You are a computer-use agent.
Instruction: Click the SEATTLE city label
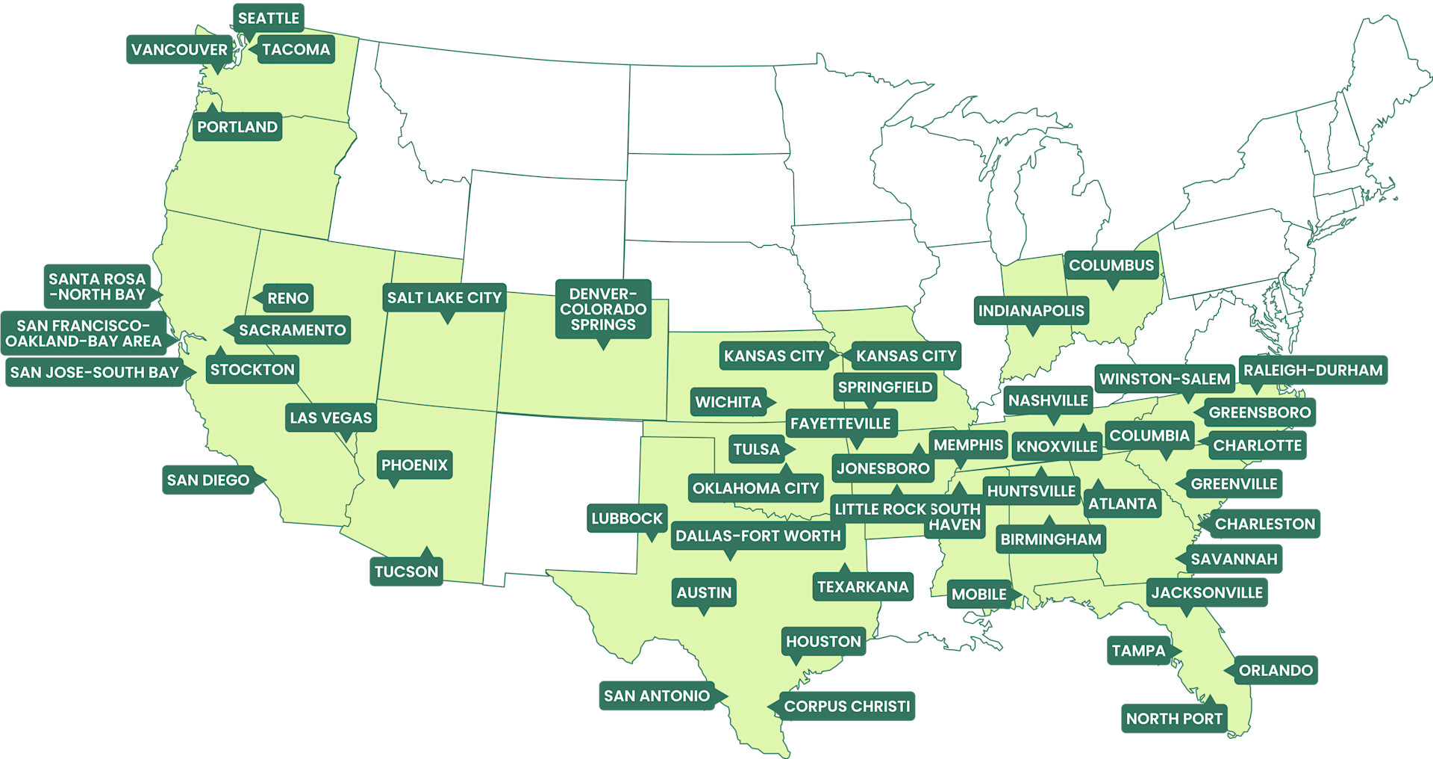[x=268, y=18]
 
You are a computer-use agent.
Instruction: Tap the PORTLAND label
[x=237, y=127]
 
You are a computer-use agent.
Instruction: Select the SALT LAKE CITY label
[x=444, y=297]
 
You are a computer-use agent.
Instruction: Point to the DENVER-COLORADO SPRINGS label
[x=603, y=309]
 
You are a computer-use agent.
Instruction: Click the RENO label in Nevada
[x=287, y=298]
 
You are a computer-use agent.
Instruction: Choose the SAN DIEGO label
[x=207, y=480]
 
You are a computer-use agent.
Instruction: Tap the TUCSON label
[x=406, y=571]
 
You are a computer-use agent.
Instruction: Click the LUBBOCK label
[x=626, y=518]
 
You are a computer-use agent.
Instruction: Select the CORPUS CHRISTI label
[x=846, y=706]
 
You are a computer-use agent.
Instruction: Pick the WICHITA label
[x=728, y=402]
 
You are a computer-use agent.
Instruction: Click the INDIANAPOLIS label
[x=1031, y=310]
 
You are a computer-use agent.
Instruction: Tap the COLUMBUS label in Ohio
[x=1111, y=265]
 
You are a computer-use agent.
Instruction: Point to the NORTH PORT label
[x=1173, y=719]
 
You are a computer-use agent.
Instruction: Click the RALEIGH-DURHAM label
[x=1312, y=370]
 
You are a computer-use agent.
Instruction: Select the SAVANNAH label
[x=1233, y=559]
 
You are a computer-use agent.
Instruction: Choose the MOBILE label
[x=978, y=594]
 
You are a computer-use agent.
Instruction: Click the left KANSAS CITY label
[x=773, y=356]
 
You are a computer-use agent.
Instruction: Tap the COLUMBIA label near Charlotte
[x=1149, y=436]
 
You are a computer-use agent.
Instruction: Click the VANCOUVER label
[x=179, y=49]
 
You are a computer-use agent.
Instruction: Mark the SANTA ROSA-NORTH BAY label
[x=97, y=286]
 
